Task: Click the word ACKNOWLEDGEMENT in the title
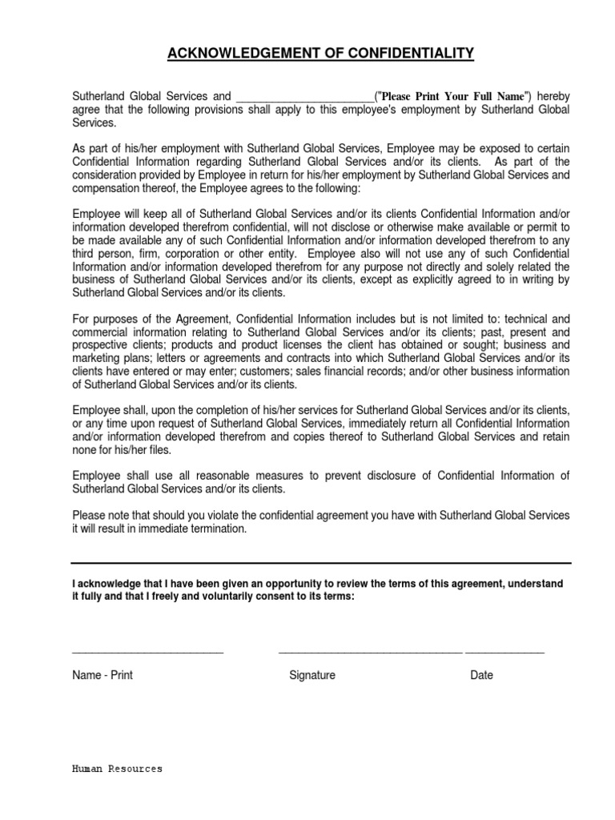[234, 54]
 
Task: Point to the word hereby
[553, 96]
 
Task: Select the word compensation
[105, 187]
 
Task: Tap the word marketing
[100, 358]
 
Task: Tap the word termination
[216, 529]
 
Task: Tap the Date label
[481, 675]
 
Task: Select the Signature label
[312, 675]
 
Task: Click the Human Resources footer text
[117, 769]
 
